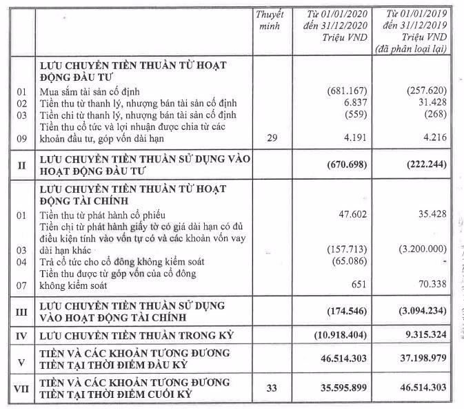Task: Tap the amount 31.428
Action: tap(432, 102)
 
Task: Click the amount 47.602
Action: tap(354, 214)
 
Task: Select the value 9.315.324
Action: tap(424, 336)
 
